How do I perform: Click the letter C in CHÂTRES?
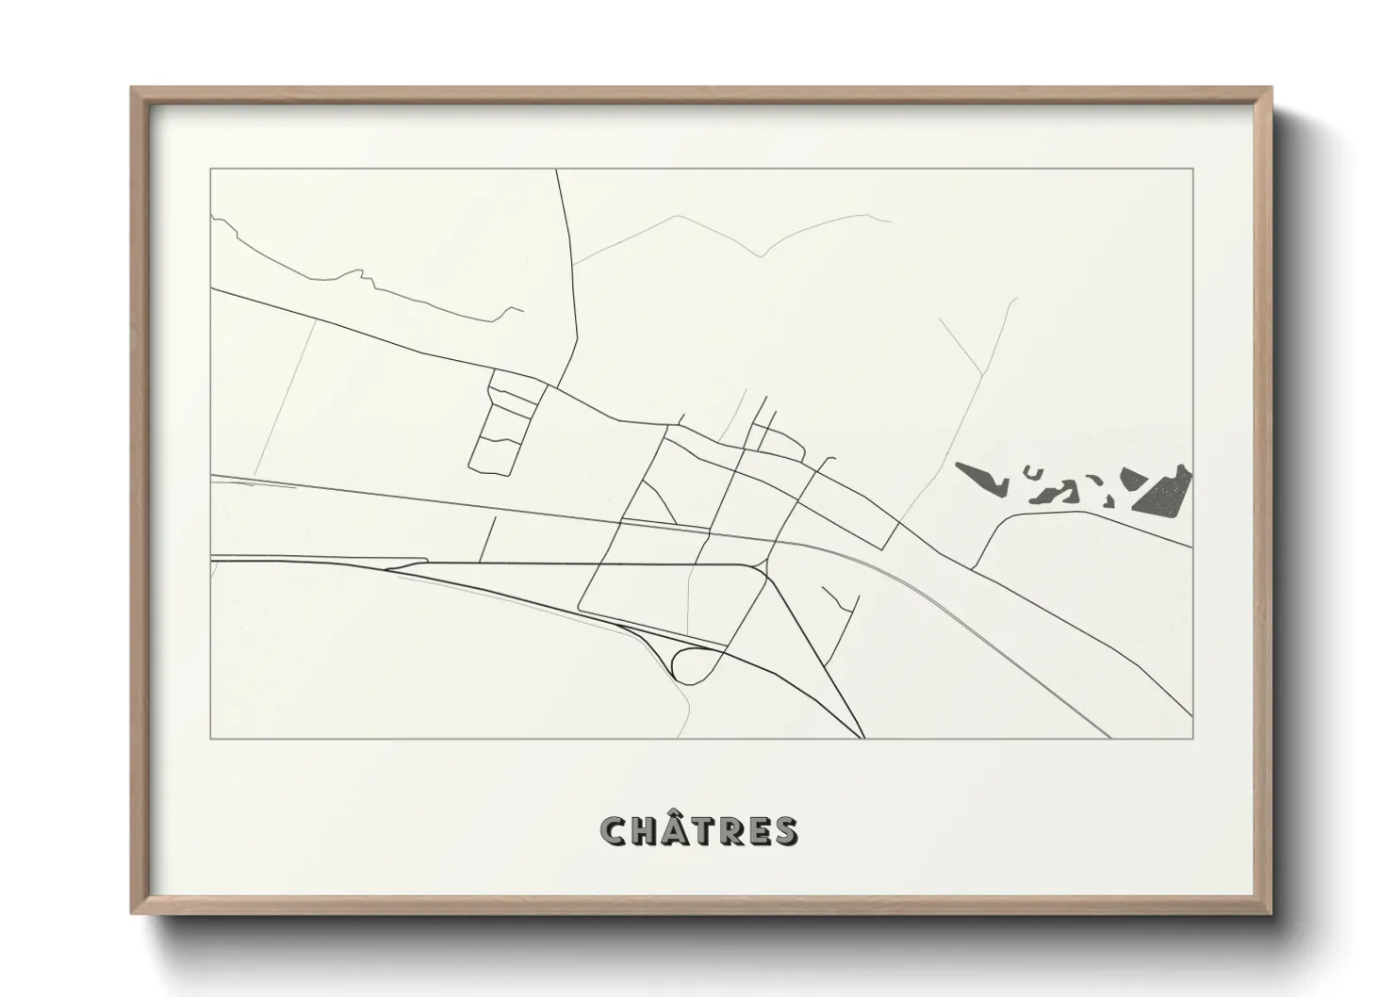tap(615, 830)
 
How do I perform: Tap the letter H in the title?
tap(645, 830)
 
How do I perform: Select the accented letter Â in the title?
tap(677, 830)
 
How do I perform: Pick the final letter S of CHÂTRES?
tap(785, 830)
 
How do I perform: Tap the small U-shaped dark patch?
tap(1035, 474)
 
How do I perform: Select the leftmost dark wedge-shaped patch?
tap(980, 477)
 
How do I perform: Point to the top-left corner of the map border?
tap(211, 169)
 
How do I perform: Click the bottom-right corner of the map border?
tap(1192, 738)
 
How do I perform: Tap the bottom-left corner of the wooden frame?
tap(132, 913)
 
